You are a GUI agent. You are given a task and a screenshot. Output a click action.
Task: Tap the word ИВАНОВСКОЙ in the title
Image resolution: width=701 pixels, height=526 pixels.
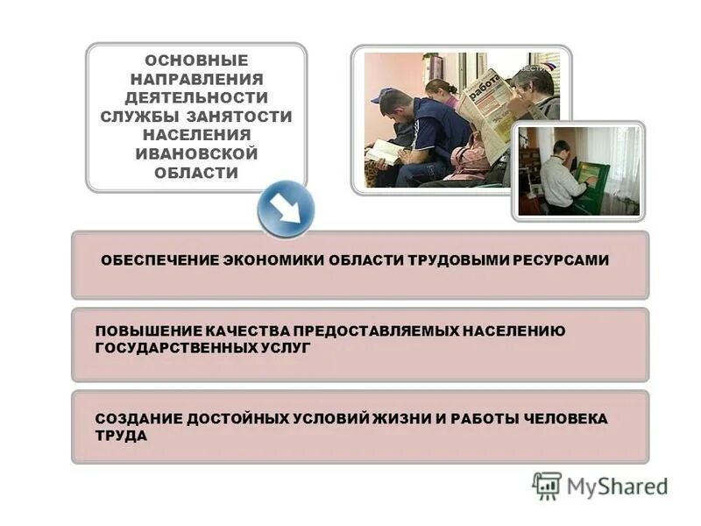196,153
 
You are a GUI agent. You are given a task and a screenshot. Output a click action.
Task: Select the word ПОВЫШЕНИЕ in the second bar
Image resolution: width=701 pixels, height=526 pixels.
149,331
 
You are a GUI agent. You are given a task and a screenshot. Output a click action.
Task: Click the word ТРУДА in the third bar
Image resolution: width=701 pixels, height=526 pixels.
121,435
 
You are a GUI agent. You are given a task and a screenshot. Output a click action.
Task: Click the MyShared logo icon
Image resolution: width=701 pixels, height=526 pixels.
547,485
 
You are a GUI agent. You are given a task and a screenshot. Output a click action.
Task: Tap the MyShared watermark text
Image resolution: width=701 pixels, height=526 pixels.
617,486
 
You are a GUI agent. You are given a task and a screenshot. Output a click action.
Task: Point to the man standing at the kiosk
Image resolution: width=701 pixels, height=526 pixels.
557,175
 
